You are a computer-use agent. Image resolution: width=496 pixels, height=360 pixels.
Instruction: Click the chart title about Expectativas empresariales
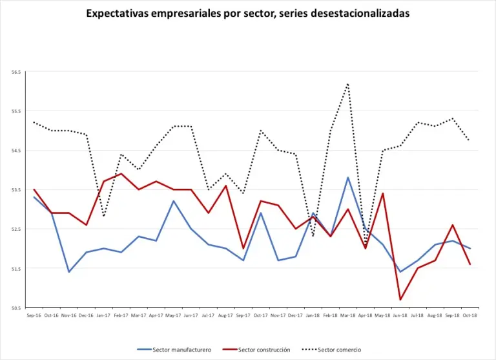coord(247,13)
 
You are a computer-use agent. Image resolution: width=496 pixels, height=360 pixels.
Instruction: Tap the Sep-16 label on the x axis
coord(34,315)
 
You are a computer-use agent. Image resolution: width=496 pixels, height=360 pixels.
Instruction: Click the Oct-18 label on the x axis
coord(470,315)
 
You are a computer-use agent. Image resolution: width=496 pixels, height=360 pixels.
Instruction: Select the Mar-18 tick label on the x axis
coord(348,315)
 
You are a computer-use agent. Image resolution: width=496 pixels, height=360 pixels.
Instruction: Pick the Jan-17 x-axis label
coord(103,315)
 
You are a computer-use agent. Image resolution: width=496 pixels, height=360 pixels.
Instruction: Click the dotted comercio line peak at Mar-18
coord(348,83)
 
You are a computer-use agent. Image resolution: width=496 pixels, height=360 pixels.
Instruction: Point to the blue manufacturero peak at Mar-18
coord(348,177)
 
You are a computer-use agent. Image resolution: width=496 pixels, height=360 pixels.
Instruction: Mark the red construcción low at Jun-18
coord(400,299)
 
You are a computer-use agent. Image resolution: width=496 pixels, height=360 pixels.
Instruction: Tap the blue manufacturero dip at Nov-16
coord(68,271)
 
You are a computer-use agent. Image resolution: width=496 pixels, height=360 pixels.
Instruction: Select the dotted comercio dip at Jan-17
coord(103,217)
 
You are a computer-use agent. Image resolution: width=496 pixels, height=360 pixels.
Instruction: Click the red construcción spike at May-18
coord(383,193)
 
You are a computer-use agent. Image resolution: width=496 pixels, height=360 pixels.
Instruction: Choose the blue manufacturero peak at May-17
coord(173,201)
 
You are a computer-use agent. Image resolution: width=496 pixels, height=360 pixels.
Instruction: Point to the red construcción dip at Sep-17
coord(243,248)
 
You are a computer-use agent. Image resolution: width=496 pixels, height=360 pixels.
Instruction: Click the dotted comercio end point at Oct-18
coord(470,139)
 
